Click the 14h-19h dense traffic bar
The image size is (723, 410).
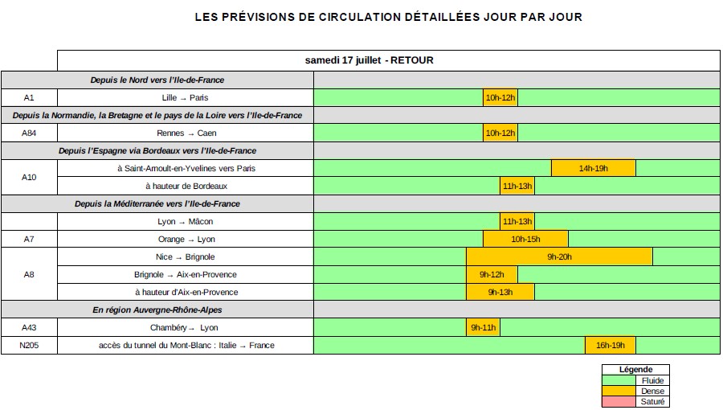[593, 168]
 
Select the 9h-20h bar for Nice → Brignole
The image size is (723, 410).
[559, 256]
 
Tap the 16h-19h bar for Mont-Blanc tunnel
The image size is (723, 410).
[610, 345]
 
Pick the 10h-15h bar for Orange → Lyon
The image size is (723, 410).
[525, 239]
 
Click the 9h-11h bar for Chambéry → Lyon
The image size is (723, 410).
[483, 327]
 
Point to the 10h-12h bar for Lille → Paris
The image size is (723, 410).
[500, 97]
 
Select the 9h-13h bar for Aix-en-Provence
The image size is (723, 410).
[500, 292]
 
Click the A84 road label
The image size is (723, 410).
[29, 133]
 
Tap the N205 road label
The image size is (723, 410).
[29, 345]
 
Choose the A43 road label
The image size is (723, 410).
[29, 327]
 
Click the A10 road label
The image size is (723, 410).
[29, 177]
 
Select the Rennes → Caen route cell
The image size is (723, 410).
[186, 133]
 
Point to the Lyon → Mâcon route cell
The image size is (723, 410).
[186, 221]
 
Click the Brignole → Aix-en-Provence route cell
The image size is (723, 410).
[186, 274]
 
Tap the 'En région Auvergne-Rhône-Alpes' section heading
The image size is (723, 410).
[157, 310]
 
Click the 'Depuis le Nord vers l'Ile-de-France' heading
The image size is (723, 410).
[157, 80]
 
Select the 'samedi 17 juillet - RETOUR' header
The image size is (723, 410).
[370, 60]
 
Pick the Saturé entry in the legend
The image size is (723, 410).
[652, 401]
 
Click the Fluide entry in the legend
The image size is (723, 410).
[652, 380]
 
